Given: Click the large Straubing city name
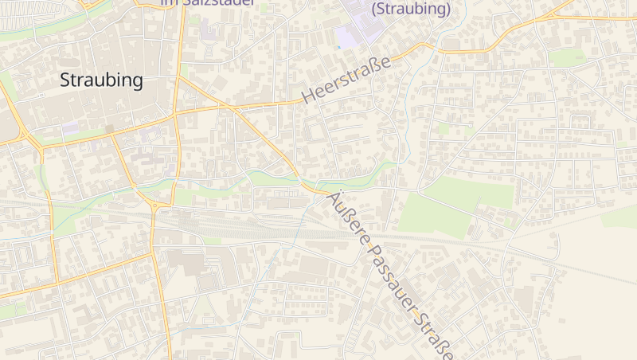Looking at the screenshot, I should pyautogui.click(x=102, y=80).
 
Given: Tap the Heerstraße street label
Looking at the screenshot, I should pyautogui.click(x=346, y=80).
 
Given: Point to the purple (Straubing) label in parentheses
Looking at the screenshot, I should pyautogui.click(x=411, y=10).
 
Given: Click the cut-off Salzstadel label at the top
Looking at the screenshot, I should pyautogui.click(x=208, y=2).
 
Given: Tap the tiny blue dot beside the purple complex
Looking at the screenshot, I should pyautogui.click(x=338, y=47).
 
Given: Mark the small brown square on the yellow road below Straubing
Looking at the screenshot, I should pyautogui.click(x=109, y=128).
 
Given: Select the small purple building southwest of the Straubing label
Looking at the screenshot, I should pyautogui.click(x=70, y=127).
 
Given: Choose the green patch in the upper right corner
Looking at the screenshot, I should pyautogui.click(x=567, y=57).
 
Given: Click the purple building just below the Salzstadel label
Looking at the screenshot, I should pyautogui.click(x=208, y=32).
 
